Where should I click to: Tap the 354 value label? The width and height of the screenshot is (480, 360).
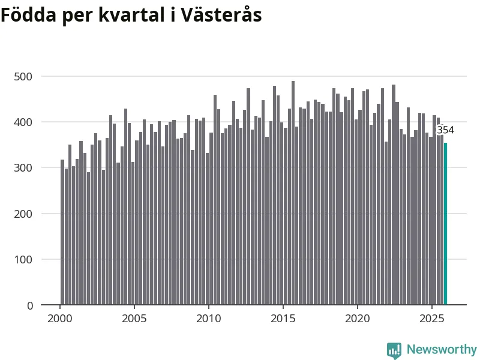tap(445, 130)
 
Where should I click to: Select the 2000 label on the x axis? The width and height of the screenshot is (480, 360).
tap(60, 318)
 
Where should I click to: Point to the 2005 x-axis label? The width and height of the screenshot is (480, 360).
tap(134, 318)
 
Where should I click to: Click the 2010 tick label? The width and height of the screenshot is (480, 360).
tap(209, 318)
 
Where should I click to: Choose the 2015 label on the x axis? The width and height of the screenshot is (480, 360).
tap(283, 318)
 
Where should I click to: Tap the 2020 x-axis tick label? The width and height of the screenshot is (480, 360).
tap(358, 318)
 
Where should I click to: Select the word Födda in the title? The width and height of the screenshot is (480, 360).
tap(28, 15)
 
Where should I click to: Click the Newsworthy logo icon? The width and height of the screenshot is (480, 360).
tap(394, 350)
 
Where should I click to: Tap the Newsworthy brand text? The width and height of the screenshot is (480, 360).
tap(442, 349)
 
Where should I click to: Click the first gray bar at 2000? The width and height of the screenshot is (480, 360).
tap(62, 233)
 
